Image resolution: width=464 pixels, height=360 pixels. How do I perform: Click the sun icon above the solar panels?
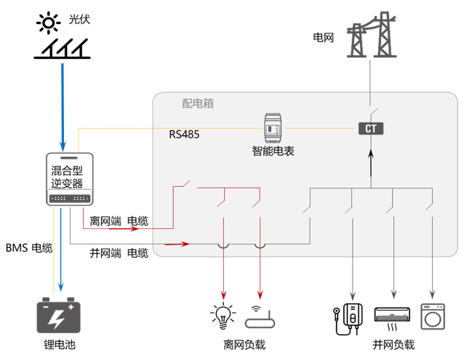tap(49, 23)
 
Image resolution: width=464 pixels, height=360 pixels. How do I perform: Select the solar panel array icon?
tap(63, 49)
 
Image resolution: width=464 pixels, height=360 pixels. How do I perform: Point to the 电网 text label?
tap(323, 36)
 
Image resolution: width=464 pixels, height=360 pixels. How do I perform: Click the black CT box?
tap(370, 129)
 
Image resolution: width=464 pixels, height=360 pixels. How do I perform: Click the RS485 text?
tap(184, 135)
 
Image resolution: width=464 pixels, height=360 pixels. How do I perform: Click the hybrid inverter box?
tap(70, 180)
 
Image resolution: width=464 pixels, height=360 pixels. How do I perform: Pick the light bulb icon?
tap(223, 315)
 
